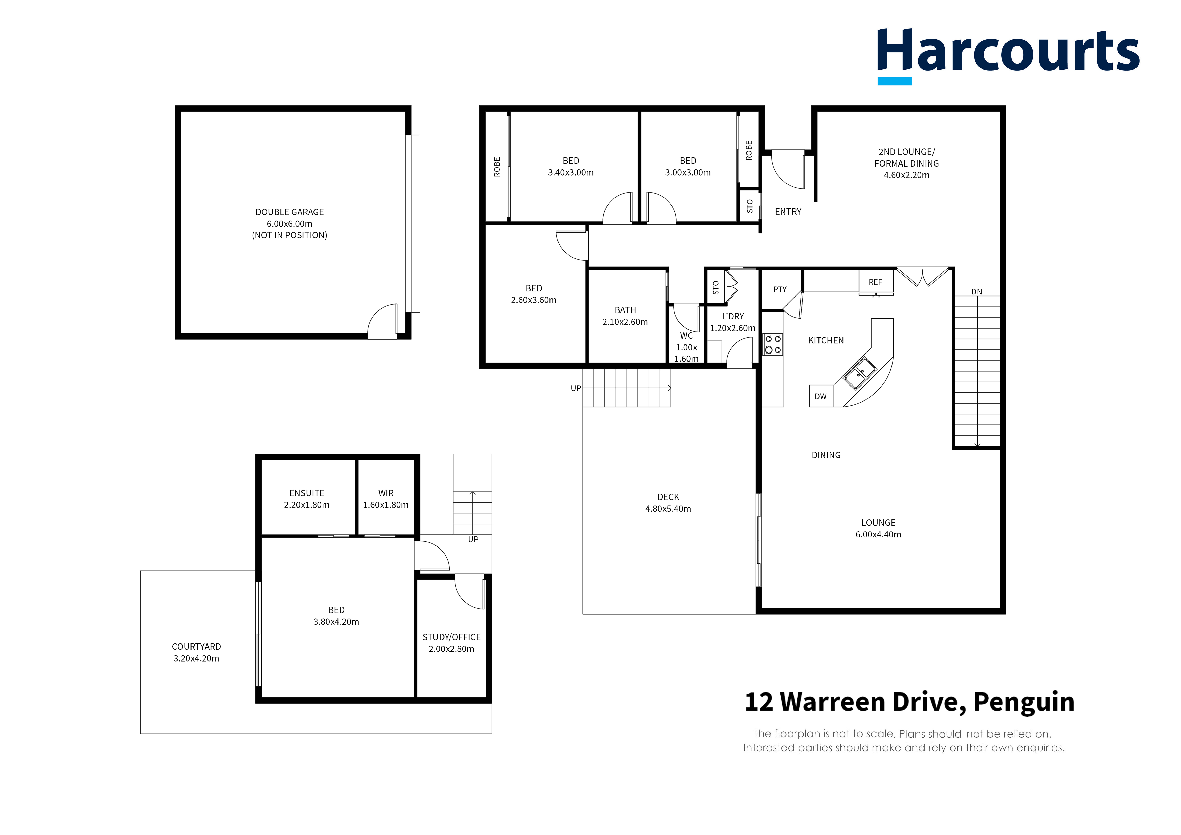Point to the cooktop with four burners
[x=773, y=344]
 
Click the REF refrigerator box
[x=875, y=282]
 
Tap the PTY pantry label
[x=780, y=290]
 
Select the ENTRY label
[x=788, y=211]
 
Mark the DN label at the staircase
[x=976, y=292]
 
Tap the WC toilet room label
[x=686, y=335]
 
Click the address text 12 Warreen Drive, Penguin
[x=909, y=702]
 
